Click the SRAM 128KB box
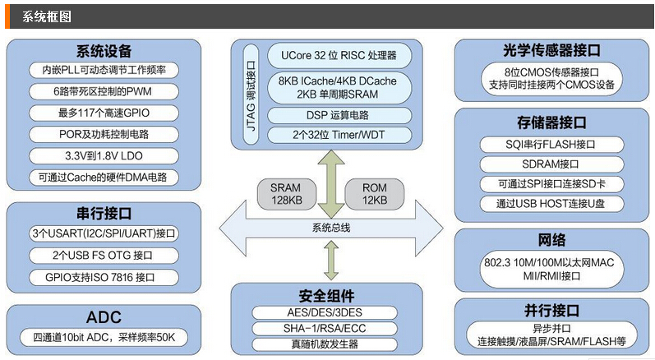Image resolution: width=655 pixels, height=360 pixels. [285, 194]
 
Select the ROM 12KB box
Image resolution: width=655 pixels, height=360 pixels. [374, 194]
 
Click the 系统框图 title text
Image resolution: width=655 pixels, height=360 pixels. [46, 16]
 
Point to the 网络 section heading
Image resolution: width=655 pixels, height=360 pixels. [551, 241]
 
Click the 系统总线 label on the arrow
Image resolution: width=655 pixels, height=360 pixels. [330, 228]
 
